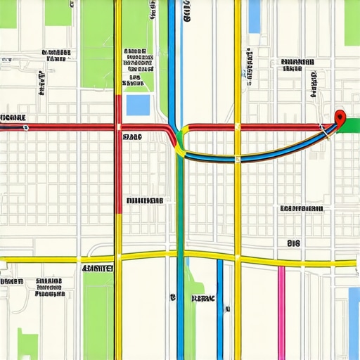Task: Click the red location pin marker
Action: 340,117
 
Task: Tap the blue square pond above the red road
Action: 138,105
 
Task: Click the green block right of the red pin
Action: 351,125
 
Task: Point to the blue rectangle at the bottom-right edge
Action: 354,320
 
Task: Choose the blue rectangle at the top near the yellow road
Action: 254,15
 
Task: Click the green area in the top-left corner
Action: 8,13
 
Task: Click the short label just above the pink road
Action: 293,243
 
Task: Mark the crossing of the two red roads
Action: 117,127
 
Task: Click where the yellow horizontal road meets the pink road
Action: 281,264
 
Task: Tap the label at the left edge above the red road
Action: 13,117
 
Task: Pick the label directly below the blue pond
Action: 131,137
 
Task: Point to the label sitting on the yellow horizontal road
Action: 98,269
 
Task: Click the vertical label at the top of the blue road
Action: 186,13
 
